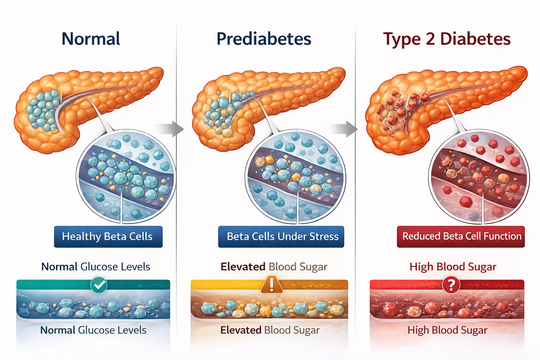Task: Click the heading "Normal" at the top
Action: pos(91,39)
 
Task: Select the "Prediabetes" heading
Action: pos(264,39)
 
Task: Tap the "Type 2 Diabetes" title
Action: pos(446,39)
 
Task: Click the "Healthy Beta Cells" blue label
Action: pos(108,237)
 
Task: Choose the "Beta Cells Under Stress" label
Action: pos(281,237)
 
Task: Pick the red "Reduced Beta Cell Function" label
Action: pos(461,237)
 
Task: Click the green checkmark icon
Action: pos(99,285)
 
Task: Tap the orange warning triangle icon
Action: pos(271,284)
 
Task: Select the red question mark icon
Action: pos(451,285)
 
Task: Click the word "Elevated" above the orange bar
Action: pos(243,267)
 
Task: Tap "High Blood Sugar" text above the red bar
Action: pos(453,267)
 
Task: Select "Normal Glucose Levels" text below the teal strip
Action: pos(93,330)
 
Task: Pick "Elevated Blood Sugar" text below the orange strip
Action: pos(270,330)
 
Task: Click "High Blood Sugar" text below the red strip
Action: pos(447,330)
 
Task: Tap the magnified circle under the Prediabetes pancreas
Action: pos(295,177)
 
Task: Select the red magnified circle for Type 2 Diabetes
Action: pos(479,177)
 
